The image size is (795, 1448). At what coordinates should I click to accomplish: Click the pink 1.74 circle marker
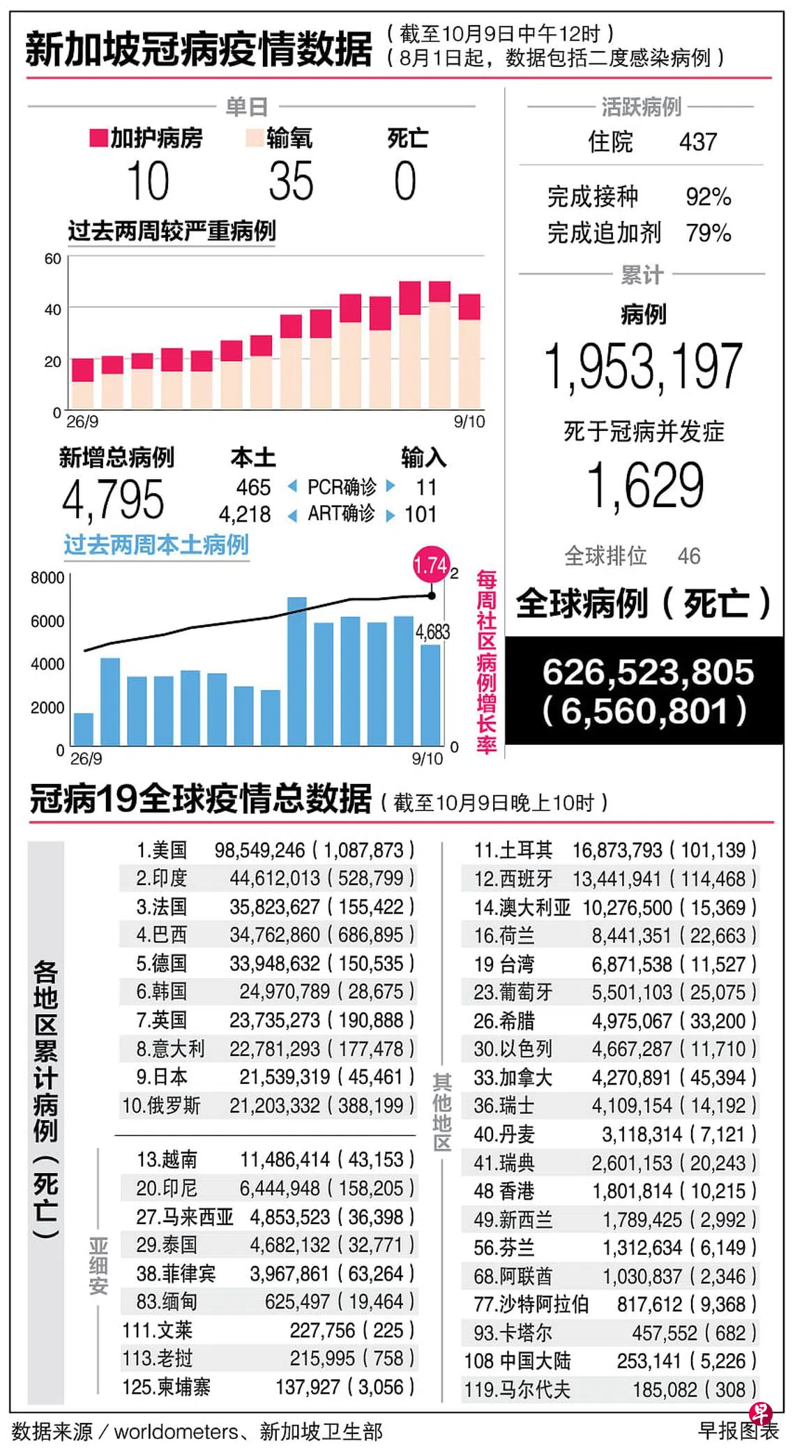(x=430, y=564)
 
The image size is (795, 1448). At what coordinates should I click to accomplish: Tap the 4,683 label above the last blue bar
(x=432, y=632)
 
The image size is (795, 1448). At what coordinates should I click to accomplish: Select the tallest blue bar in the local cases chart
(x=297, y=670)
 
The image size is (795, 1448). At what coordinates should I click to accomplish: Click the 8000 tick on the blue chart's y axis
(x=47, y=578)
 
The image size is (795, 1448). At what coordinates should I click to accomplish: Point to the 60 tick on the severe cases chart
(x=53, y=259)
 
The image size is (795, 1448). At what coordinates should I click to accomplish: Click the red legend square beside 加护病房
(x=98, y=138)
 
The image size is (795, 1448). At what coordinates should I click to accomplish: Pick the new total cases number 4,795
(x=113, y=499)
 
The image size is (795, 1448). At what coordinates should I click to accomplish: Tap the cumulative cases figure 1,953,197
(x=643, y=366)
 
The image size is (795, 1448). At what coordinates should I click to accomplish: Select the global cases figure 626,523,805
(x=648, y=672)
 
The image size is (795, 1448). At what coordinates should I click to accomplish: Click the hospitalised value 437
(x=698, y=142)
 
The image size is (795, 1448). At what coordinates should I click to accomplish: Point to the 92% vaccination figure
(x=708, y=197)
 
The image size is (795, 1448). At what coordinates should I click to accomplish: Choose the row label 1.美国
(x=162, y=850)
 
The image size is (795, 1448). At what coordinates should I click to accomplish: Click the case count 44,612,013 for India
(x=275, y=878)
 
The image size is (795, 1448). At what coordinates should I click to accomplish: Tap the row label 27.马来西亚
(x=184, y=1217)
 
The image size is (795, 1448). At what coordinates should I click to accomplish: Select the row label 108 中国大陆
(x=517, y=1361)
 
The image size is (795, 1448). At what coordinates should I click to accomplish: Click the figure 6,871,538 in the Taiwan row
(x=632, y=965)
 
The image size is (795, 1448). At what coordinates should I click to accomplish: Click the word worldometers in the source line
(x=176, y=1432)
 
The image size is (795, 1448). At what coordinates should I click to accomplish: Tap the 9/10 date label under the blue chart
(x=427, y=759)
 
